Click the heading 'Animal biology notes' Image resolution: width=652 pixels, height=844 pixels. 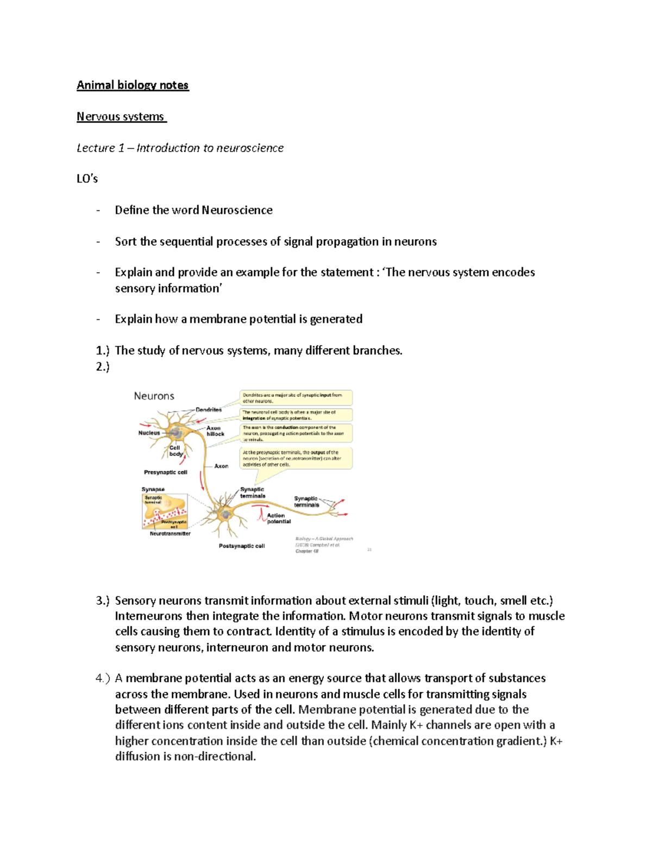click(x=133, y=85)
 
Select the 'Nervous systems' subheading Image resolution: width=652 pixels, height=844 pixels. click(x=121, y=117)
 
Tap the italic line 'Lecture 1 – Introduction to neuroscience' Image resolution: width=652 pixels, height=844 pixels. click(x=180, y=148)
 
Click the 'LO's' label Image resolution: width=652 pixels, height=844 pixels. click(x=87, y=179)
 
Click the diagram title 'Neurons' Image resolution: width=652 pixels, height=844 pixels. click(x=154, y=396)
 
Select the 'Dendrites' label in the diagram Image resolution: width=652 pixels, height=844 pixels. click(x=209, y=410)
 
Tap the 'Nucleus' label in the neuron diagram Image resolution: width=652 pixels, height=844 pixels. click(x=149, y=433)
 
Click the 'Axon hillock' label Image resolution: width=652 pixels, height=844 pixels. click(x=215, y=431)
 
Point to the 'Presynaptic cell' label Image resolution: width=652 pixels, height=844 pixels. click(x=165, y=472)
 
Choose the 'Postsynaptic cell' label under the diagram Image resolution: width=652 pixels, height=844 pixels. click(x=242, y=546)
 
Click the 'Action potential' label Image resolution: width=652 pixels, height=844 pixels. click(x=278, y=518)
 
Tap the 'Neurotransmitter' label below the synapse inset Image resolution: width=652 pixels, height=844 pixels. click(x=170, y=534)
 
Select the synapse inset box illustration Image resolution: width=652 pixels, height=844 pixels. click(x=165, y=511)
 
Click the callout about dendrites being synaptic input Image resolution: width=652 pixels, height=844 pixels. click(x=296, y=398)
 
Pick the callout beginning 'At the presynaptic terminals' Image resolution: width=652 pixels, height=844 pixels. click(x=296, y=458)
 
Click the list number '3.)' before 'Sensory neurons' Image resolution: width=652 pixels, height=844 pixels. click(x=103, y=601)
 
